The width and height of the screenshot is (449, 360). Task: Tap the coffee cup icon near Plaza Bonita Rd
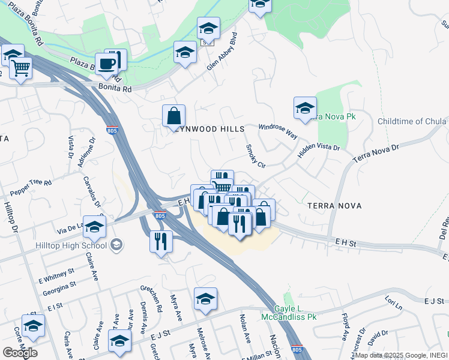point(107,64)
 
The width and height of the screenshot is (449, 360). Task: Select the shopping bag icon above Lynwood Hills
point(173,115)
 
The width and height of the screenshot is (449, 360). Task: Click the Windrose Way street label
point(278,131)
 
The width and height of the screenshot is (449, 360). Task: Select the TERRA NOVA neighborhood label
point(334,206)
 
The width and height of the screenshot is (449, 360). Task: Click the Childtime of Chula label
point(412,122)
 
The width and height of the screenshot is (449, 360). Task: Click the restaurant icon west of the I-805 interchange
point(161,241)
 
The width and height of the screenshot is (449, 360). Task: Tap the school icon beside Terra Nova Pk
point(305,109)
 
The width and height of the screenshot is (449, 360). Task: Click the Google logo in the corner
point(20,352)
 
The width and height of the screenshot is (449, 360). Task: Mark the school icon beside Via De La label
point(94,227)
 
